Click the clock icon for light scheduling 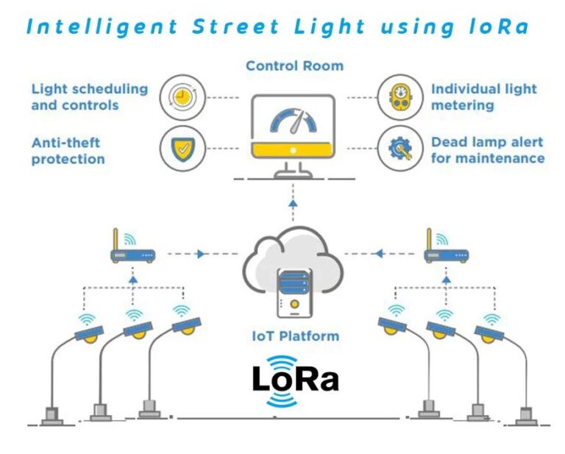click(182, 97)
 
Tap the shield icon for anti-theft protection click(182, 149)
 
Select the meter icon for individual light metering click(400, 97)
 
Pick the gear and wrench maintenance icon click(400, 149)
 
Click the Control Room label click(295, 66)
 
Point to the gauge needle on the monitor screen click(298, 122)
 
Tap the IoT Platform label click(296, 336)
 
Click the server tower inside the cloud click(294, 294)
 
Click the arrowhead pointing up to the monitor click(293, 204)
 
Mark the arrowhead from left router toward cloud click(201, 254)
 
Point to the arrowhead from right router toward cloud click(379, 254)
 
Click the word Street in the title click(235, 26)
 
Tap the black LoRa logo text click(295, 379)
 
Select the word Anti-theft click(65, 143)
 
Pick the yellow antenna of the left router click(116, 239)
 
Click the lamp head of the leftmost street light click(89, 334)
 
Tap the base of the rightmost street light click(526, 417)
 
